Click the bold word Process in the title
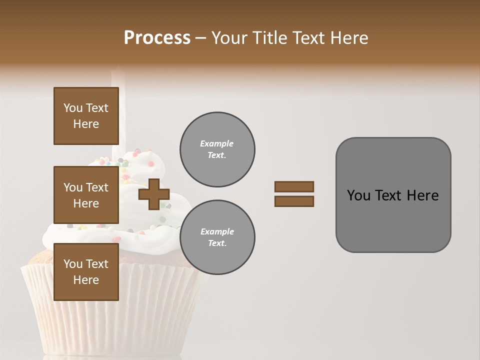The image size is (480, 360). click(x=157, y=38)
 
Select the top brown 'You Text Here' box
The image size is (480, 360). click(x=86, y=116)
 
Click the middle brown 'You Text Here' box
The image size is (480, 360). click(x=86, y=195)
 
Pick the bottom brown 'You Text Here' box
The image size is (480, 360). click(x=86, y=272)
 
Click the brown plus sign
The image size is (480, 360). click(x=153, y=194)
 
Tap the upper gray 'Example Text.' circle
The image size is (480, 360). click(x=217, y=149)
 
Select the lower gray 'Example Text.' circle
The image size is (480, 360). click(x=217, y=237)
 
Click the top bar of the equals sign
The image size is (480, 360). click(x=294, y=186)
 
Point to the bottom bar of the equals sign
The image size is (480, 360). click(x=294, y=201)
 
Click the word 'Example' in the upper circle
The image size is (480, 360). click(x=216, y=143)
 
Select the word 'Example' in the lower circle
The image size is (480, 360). click(x=216, y=231)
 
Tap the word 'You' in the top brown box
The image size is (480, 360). click(x=72, y=108)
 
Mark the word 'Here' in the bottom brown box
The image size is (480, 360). click(x=86, y=280)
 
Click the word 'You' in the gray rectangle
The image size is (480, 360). click(x=358, y=195)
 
